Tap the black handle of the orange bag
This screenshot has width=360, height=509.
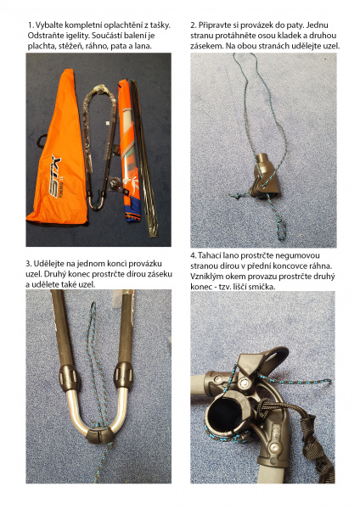[x=42, y=141]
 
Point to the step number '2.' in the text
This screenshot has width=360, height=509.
[x=194, y=25]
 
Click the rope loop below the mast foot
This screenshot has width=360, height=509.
[x=280, y=229]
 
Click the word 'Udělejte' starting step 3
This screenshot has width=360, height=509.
[x=47, y=263]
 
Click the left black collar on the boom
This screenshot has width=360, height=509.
[x=68, y=378]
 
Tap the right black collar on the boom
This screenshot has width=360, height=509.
[x=123, y=376]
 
